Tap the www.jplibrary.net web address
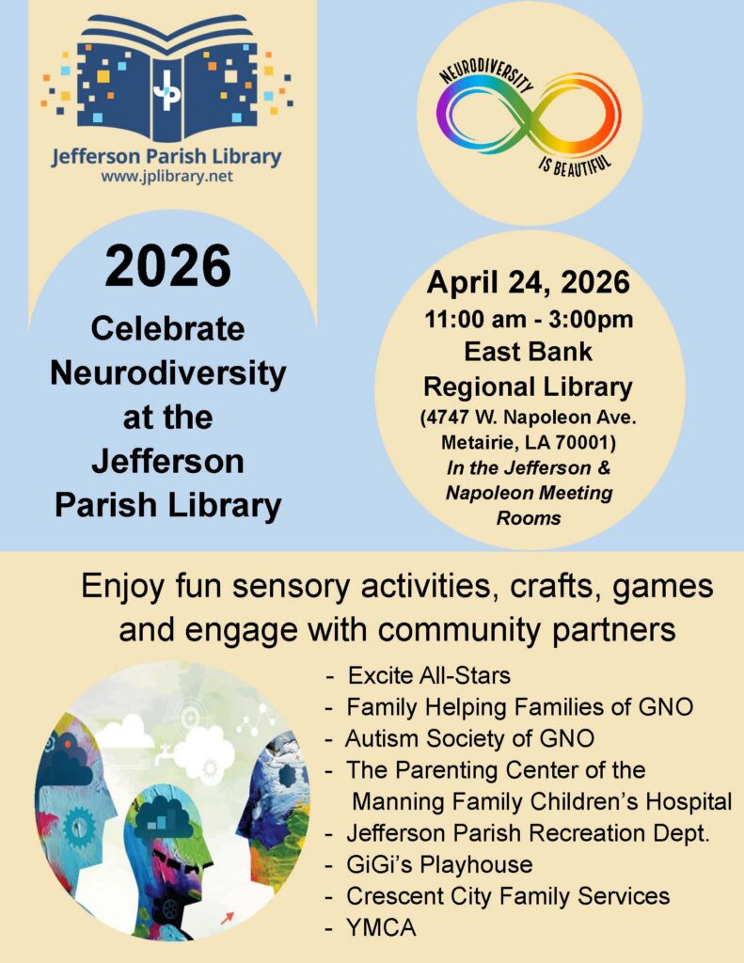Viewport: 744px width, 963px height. tap(166, 176)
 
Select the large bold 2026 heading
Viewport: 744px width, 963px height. tap(167, 266)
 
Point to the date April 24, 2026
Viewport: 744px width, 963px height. tap(529, 282)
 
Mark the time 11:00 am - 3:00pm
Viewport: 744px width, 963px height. tap(529, 319)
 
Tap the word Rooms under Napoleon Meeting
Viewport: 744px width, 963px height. tap(529, 516)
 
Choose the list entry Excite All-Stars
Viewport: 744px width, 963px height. tap(429, 675)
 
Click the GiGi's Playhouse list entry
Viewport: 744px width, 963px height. tap(439, 863)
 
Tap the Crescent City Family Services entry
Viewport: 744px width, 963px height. tap(508, 895)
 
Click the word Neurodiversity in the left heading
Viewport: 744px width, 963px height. tap(167, 372)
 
